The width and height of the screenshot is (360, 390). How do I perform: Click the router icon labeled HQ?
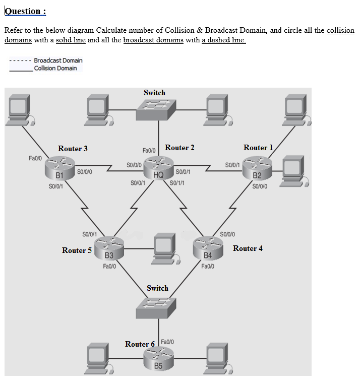158,167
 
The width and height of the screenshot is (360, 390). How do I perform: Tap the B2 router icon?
257,168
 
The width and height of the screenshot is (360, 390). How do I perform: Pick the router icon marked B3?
108,248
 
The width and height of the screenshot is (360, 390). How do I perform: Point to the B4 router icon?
208,248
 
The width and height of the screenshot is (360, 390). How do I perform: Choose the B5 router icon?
158,359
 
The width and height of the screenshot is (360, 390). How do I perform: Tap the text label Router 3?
73,149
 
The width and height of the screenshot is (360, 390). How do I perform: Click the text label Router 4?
248,248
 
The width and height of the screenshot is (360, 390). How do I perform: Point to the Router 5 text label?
77,250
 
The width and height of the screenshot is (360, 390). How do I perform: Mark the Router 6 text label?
140,344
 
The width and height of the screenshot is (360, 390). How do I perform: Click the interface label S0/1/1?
177,182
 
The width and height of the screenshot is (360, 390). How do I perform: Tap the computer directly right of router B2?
294,171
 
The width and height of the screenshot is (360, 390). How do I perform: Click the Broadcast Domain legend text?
58,60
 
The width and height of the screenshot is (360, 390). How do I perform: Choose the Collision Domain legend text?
55,69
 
